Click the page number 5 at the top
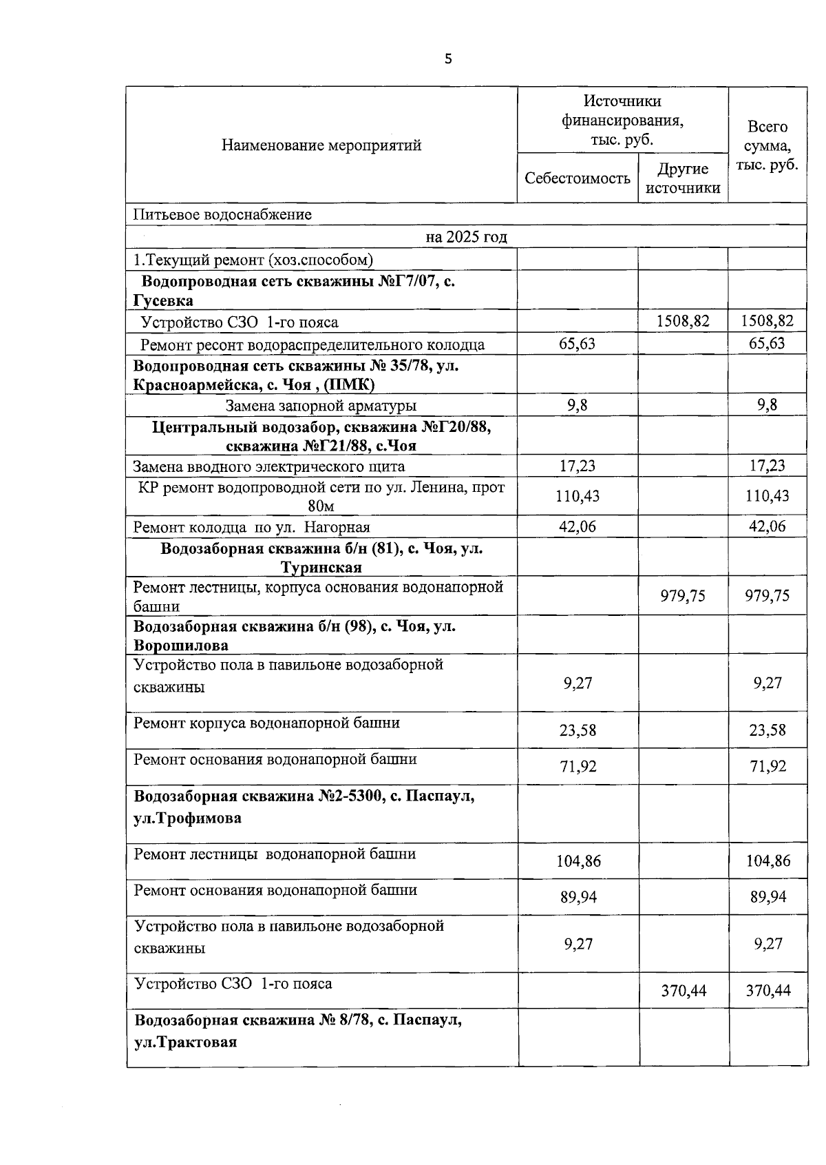point(448,59)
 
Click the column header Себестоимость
point(577,178)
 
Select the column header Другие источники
point(683,178)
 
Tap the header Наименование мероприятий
point(321,145)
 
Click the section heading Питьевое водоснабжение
point(222,214)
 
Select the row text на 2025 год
point(466,237)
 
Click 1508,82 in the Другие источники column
point(683,321)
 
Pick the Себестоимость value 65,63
point(577,344)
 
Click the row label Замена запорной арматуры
point(321,406)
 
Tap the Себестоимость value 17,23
point(577,466)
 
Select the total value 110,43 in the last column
point(767,496)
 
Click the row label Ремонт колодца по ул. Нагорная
point(251,528)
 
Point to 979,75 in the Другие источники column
point(683,596)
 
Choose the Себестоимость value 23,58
point(578,730)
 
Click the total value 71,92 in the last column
point(767,767)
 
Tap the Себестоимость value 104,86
point(578,861)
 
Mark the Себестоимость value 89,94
point(578,897)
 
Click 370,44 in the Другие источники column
point(684,991)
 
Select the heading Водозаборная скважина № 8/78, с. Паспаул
point(298,1020)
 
